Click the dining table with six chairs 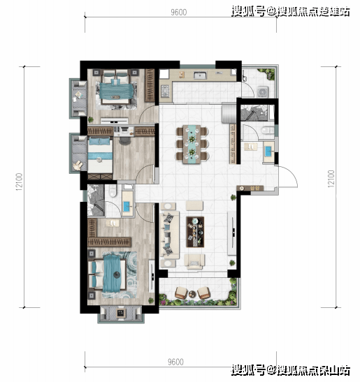192,144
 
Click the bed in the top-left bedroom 113,89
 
